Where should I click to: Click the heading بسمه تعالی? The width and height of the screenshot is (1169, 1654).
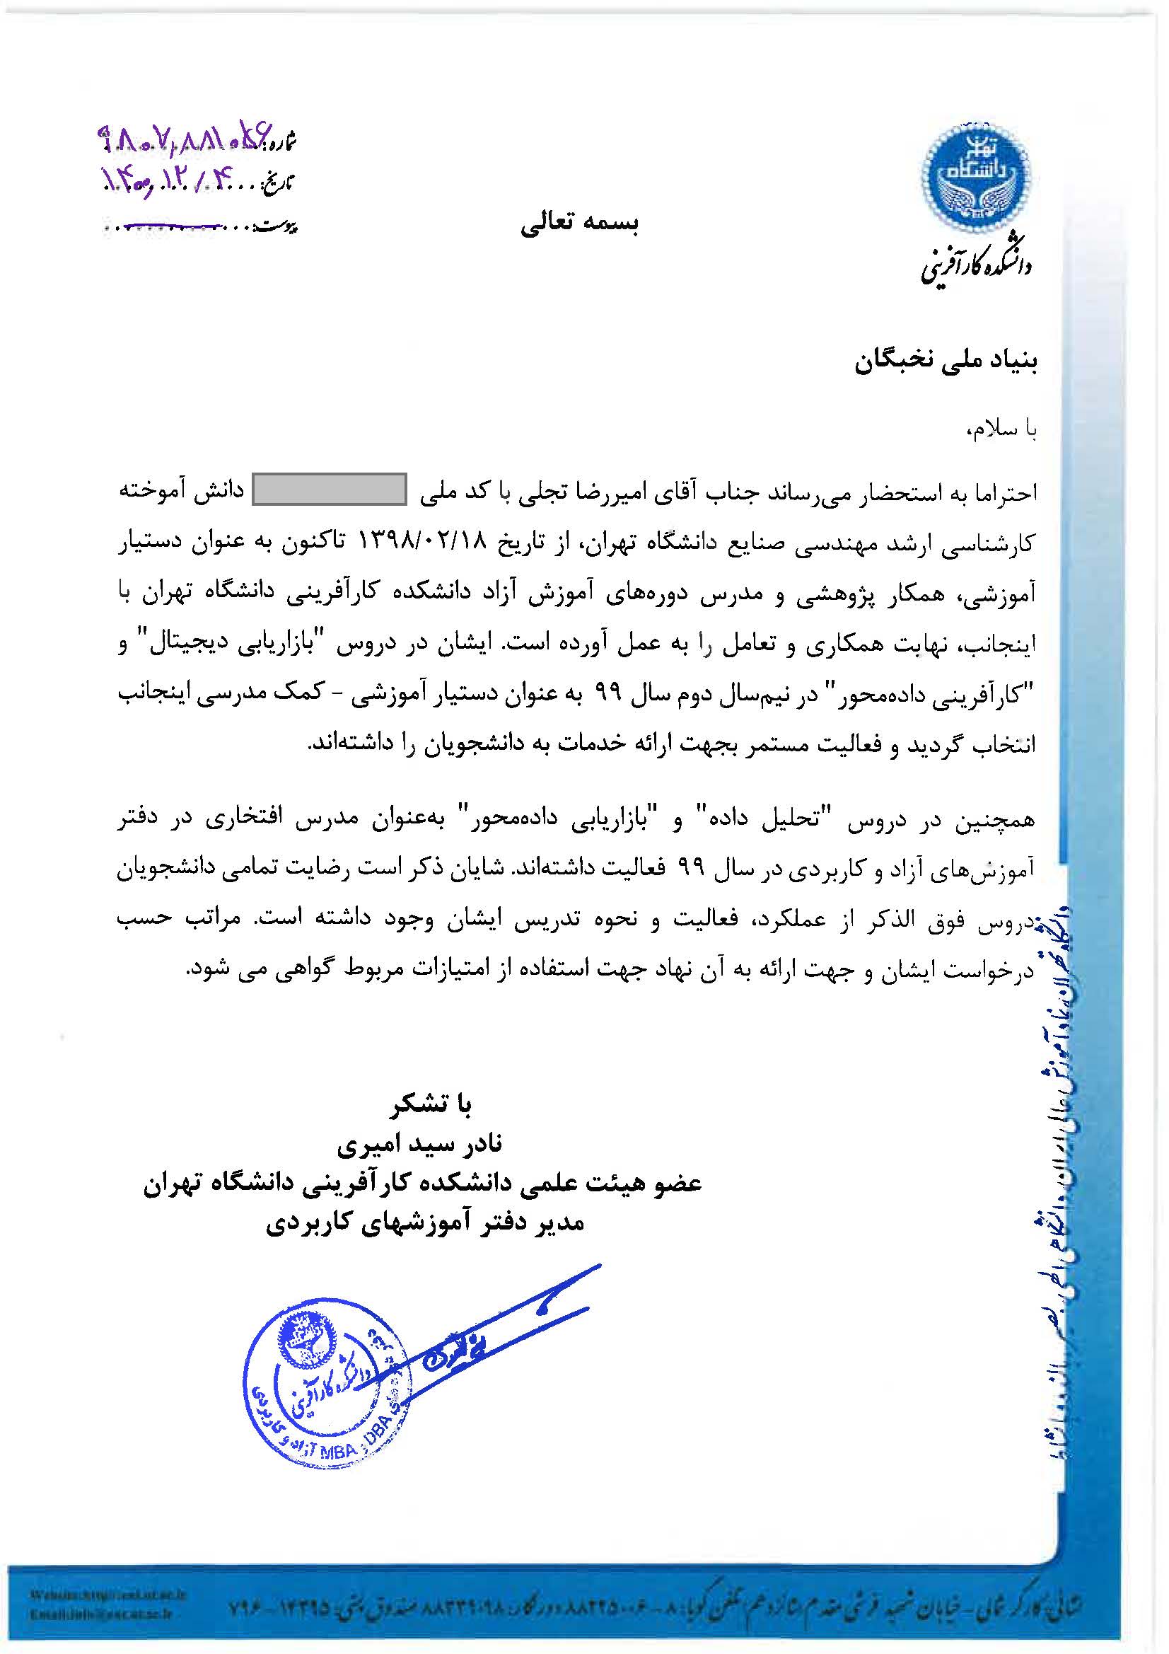click(x=580, y=224)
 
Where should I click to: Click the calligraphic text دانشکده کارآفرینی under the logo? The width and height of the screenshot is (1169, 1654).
click(x=976, y=265)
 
